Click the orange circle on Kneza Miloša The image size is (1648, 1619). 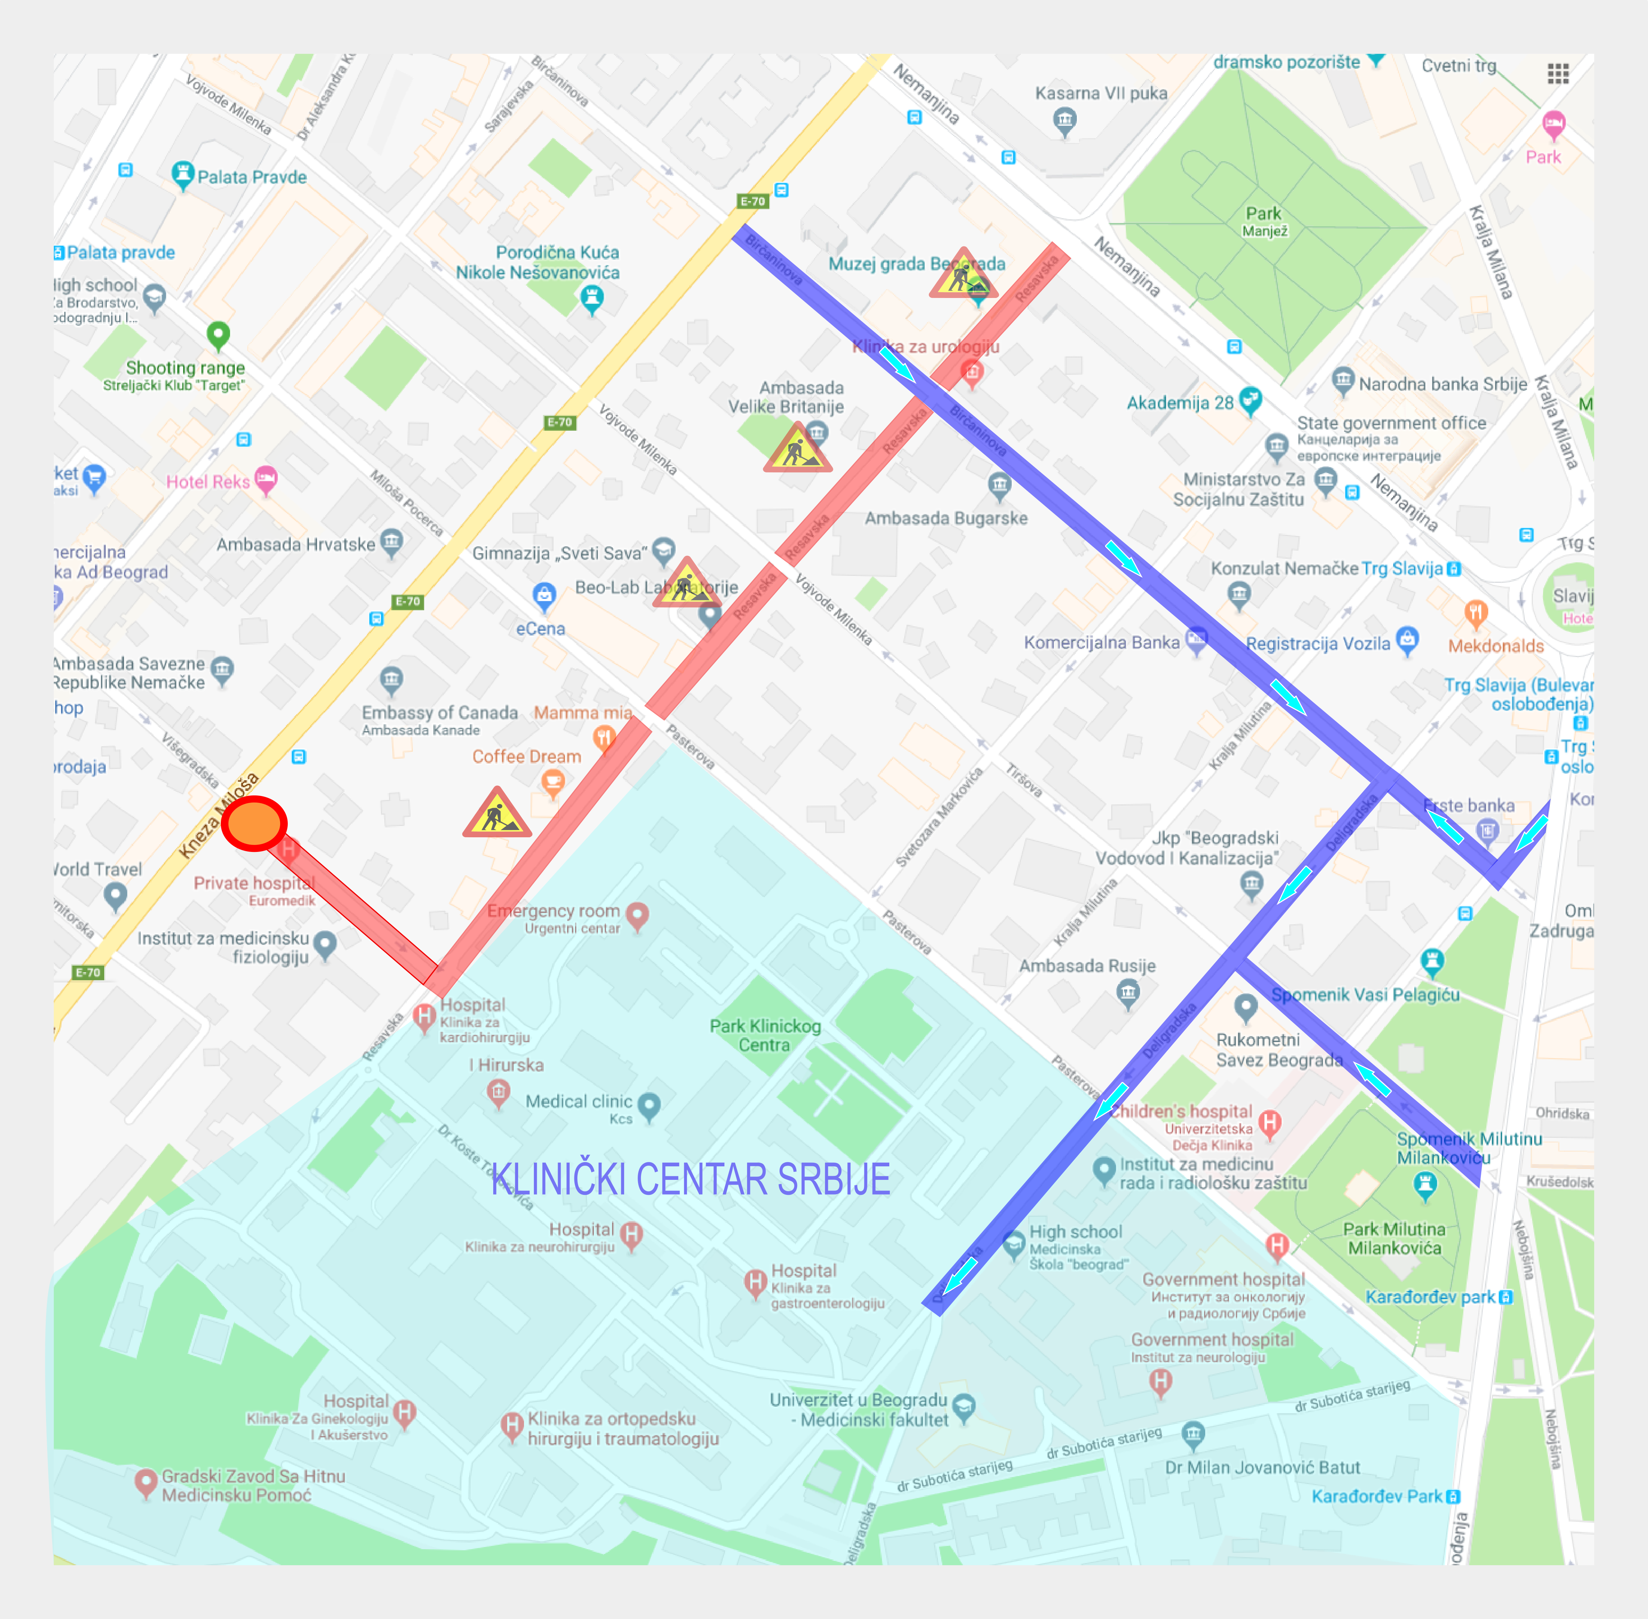pyautogui.click(x=253, y=823)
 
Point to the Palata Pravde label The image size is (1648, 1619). pyautogui.click(x=252, y=177)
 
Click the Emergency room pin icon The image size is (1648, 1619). pyautogui.click(x=637, y=915)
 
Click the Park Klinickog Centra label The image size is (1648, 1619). pyautogui.click(x=765, y=1035)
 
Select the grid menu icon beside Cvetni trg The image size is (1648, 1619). pyautogui.click(x=1558, y=74)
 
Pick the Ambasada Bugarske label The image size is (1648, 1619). pyautogui.click(x=946, y=518)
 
